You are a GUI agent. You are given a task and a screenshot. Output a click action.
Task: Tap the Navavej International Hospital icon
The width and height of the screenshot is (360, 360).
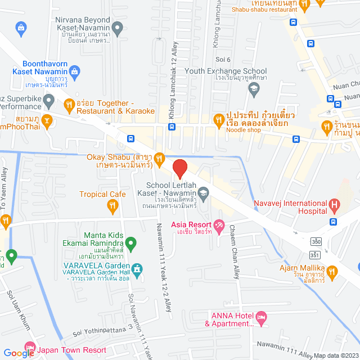pos(335,204)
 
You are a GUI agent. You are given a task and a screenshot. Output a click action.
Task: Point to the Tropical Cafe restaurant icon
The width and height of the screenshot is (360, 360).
pos(113,206)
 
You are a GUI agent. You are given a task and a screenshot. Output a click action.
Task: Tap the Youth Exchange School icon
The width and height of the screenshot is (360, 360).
pos(254,88)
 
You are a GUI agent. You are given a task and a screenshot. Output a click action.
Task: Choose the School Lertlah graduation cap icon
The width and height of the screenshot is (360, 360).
pos(203,195)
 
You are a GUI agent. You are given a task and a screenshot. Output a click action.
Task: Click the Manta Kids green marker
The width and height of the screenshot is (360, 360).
pos(131,244)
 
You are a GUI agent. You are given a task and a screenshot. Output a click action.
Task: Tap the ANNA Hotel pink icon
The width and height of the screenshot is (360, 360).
pos(260,317)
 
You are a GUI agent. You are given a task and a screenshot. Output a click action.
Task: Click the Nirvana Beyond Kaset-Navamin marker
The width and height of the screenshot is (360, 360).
pos(118,26)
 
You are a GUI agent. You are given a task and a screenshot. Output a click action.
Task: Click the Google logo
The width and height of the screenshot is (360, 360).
pos(19,353)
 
